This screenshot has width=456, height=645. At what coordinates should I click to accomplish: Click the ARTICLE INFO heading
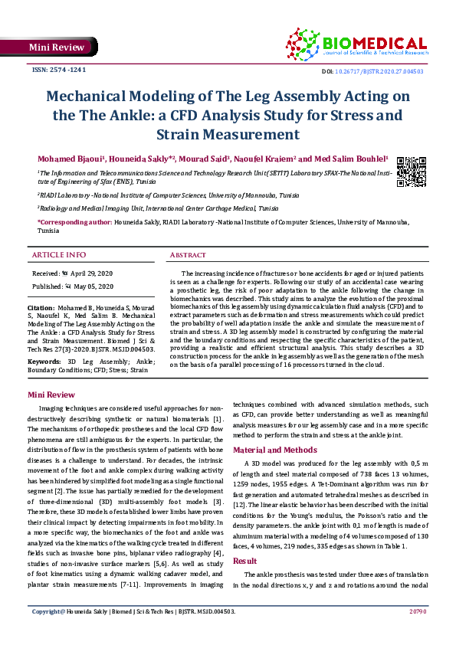[x=59, y=254]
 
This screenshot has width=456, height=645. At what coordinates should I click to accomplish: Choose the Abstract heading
[x=188, y=254]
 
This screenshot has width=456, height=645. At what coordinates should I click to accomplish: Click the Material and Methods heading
[x=274, y=450]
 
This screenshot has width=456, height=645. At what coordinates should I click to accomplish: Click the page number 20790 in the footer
[x=417, y=633]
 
